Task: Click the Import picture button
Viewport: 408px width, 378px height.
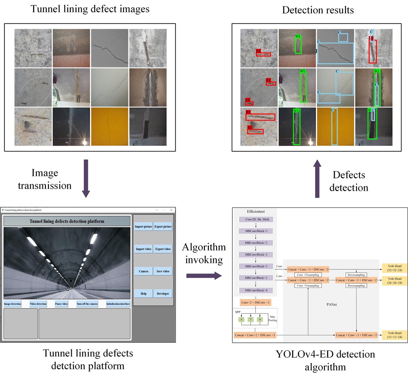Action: [143, 227]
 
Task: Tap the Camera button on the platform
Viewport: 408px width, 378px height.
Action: [143, 271]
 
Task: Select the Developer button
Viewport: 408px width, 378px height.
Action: [163, 294]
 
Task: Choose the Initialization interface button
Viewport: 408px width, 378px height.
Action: [118, 304]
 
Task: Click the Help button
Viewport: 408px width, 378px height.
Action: [143, 294]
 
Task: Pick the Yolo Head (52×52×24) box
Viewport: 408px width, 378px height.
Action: [394, 268]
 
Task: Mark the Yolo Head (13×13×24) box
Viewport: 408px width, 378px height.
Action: [394, 335]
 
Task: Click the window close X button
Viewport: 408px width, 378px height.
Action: [171, 210]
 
